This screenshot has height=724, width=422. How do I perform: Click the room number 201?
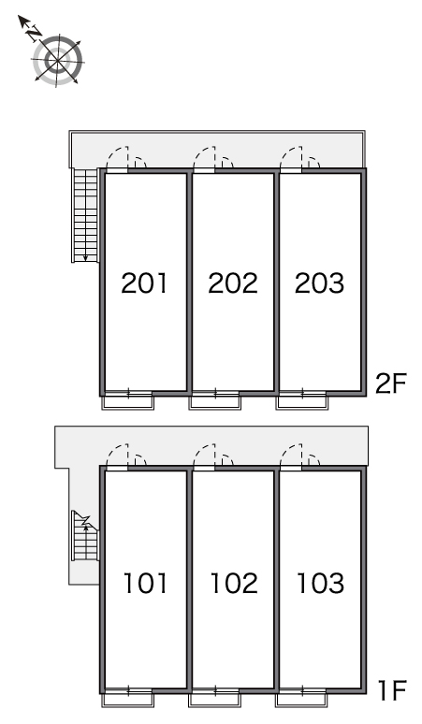(144, 283)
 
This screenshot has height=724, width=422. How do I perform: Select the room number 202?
(233, 283)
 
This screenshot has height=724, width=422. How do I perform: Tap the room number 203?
(319, 283)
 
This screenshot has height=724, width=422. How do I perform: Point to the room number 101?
(145, 583)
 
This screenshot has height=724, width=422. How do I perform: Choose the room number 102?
(234, 583)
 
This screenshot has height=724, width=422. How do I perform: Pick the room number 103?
(320, 583)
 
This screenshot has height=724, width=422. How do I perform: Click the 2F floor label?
(390, 384)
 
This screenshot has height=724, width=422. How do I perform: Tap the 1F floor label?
(392, 690)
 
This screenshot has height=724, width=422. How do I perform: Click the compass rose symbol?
(57, 60)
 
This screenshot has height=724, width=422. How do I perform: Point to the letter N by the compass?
(34, 33)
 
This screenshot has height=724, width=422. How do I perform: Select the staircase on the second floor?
(85, 215)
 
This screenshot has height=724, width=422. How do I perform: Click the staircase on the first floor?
(85, 536)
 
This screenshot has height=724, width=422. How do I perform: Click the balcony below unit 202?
(214, 400)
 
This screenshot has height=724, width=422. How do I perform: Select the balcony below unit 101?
(127, 698)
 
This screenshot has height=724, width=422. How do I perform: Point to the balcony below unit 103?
(302, 698)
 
